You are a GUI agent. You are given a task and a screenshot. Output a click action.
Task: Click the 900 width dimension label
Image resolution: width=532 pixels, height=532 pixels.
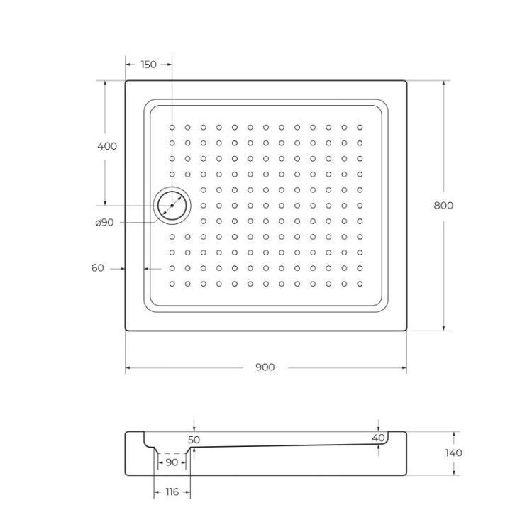pos(265,367)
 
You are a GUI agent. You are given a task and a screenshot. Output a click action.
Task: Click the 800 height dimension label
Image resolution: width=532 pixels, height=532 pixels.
pos(443,206)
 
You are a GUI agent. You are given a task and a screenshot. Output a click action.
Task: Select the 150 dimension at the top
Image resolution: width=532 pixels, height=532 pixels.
pos(148,65)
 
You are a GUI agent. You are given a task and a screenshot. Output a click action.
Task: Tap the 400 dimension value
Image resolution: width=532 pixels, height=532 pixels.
pos(106,146)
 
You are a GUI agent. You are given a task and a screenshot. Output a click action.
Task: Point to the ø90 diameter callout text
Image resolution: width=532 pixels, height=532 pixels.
pos(104,223)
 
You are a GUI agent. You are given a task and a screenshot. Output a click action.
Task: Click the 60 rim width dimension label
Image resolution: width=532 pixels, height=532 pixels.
pos(98,268)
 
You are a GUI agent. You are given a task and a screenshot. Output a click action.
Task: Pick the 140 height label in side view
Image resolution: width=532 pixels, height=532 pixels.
pos(454,453)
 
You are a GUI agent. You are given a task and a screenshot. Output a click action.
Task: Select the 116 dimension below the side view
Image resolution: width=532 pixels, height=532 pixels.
pos(172,492)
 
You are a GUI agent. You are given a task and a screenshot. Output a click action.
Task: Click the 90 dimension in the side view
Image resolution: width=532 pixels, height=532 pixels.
pos(172,462)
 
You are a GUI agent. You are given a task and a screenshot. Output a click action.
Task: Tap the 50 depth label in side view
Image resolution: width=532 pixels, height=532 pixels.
pos(194,440)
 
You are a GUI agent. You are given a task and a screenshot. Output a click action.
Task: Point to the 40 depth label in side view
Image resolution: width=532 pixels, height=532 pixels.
pos(378,438)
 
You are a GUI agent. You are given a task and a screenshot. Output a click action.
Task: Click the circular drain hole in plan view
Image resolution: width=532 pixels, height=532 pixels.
pos(172,206)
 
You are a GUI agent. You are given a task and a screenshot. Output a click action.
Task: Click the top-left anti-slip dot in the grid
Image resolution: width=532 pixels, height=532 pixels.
pos(172,128)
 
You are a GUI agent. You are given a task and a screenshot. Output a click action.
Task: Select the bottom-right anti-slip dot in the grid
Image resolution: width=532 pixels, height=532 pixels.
pos(360,284)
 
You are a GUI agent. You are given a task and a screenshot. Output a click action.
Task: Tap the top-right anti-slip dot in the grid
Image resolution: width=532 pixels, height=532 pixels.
pos(360,128)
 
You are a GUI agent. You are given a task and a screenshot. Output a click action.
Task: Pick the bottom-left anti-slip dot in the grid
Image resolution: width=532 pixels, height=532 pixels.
pos(172,284)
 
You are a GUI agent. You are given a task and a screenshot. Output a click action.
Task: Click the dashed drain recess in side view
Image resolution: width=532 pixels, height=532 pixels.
pos(171,452)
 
